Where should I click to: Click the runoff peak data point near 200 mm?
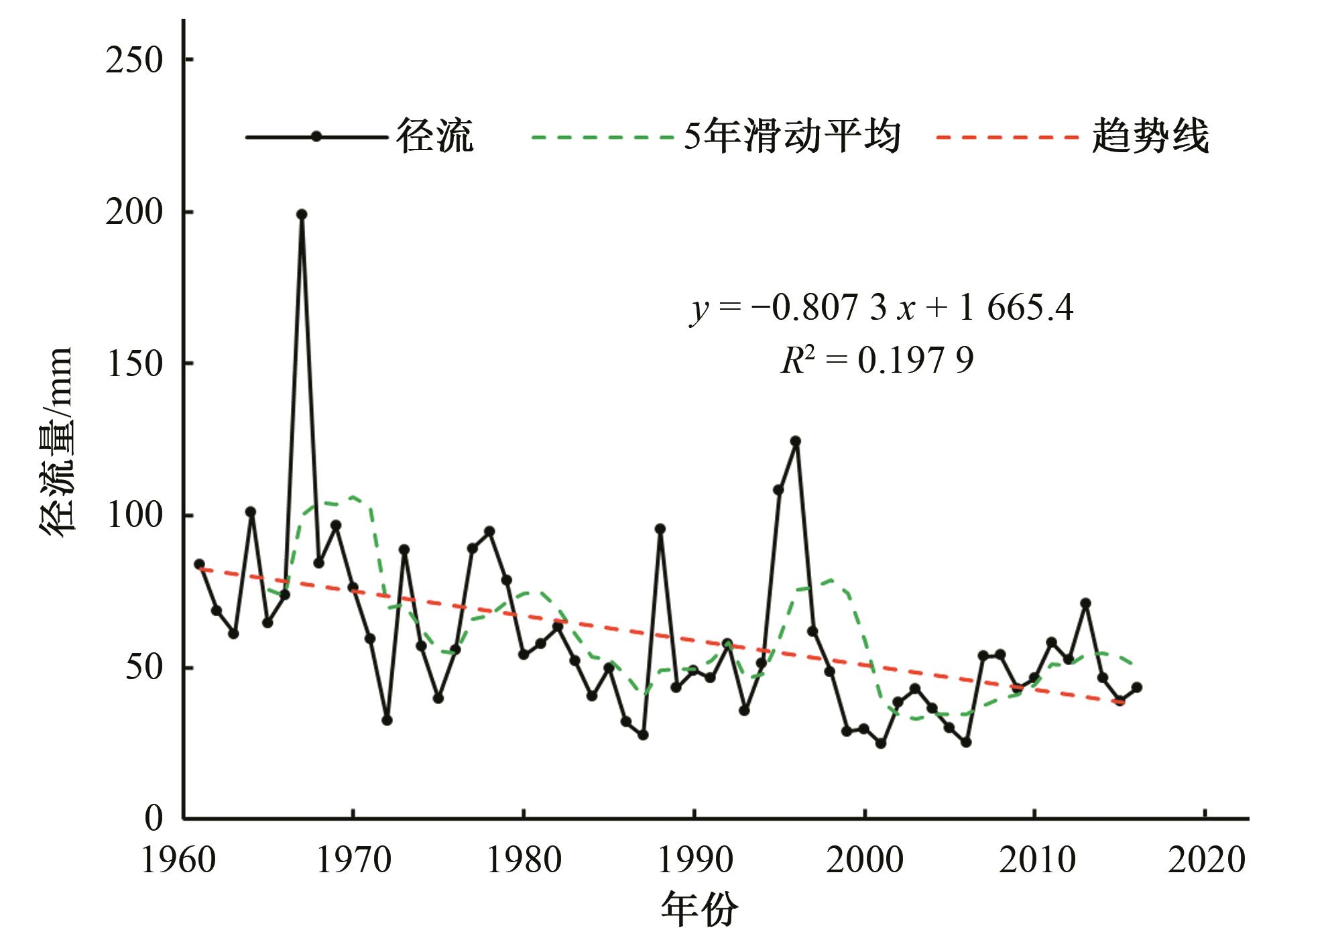point(302,215)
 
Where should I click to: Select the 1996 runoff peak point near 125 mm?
point(796,441)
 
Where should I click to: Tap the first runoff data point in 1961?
point(199,564)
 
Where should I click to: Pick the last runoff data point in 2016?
point(1137,687)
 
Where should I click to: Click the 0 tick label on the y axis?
point(154,819)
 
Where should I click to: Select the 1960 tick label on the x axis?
point(179,860)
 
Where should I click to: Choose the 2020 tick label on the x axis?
point(1207,860)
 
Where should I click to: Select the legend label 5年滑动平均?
point(792,137)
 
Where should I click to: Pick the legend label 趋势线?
point(1150,137)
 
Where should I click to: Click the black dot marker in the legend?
point(316,137)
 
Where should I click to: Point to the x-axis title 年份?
point(699,910)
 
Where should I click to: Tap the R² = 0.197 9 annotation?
point(877,361)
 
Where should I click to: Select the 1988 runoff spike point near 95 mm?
point(660,529)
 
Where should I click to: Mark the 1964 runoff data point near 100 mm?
point(251,512)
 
